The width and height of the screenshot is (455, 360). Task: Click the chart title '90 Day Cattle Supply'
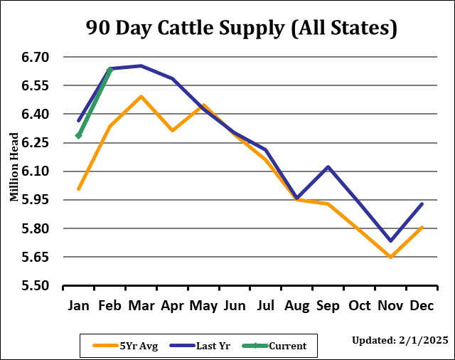coord(241,28)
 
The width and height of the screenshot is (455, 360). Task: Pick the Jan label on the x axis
coord(79,307)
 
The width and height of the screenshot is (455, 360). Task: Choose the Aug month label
coord(296,307)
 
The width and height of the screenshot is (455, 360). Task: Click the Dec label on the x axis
coord(422,307)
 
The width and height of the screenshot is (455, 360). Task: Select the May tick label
coord(203,307)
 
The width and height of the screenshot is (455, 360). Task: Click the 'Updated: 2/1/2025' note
coord(400,340)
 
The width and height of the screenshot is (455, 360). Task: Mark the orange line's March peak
coord(141,96)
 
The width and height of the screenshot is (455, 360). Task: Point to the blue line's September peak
coord(328,166)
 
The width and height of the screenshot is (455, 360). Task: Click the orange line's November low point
coord(390,257)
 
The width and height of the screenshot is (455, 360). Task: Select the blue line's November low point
coord(390,240)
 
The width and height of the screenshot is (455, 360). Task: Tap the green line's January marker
coord(79,135)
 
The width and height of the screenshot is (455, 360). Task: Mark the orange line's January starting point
coord(79,189)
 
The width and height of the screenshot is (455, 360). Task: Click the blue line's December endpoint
coord(422,204)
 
